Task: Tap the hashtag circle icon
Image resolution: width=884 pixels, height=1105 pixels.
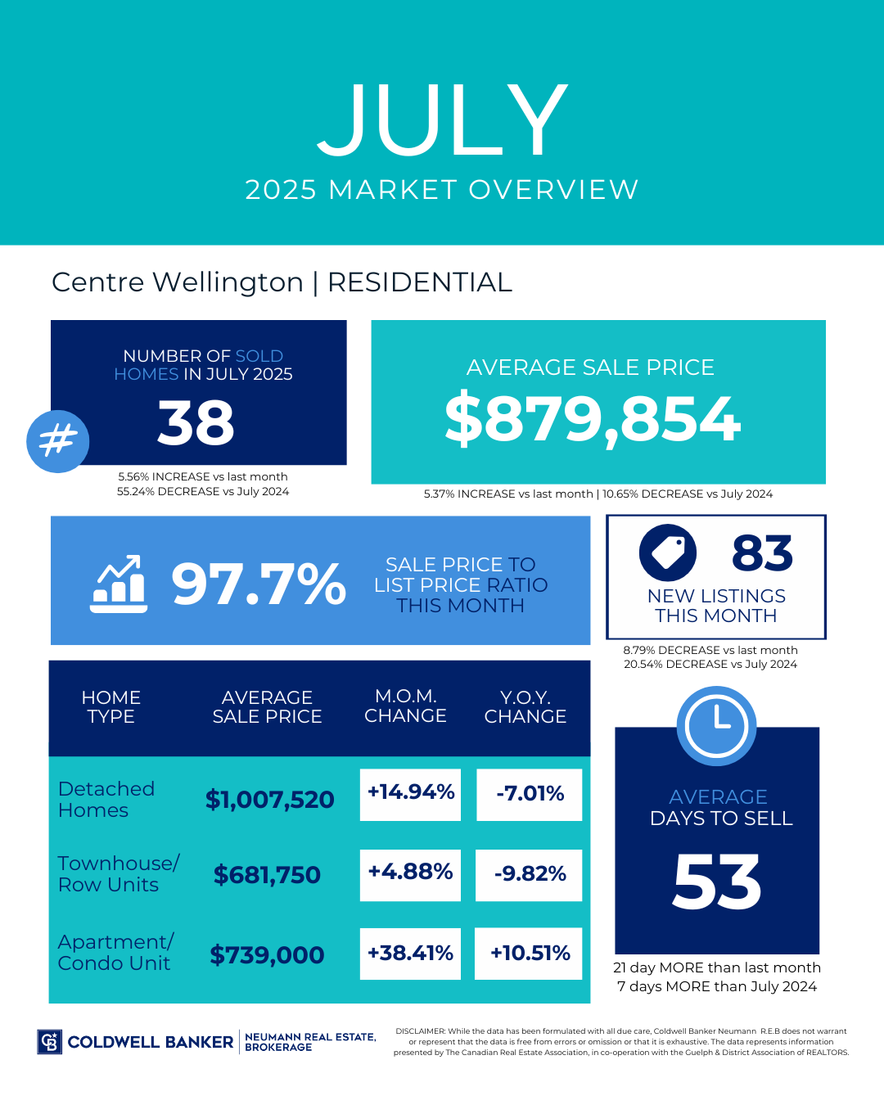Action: tap(58, 441)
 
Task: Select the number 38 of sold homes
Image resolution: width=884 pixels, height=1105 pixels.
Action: tap(196, 423)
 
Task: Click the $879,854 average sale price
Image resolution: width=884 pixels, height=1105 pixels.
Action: tap(593, 419)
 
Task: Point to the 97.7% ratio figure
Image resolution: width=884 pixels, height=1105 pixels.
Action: tap(259, 584)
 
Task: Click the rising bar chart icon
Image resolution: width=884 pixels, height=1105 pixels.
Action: tap(119, 584)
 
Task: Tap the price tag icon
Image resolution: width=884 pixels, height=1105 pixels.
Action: tap(668, 552)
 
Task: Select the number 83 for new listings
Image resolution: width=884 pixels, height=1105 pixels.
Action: tap(762, 553)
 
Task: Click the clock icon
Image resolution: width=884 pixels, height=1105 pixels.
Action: tap(717, 725)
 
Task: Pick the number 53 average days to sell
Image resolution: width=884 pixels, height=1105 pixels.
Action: tap(717, 883)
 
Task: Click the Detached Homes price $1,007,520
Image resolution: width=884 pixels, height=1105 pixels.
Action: tap(269, 800)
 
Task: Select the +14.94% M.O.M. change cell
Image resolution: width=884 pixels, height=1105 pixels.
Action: tap(411, 792)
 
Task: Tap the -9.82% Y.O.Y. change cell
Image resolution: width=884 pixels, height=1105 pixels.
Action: tap(530, 874)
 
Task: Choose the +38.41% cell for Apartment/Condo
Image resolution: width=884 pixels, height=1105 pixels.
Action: tap(410, 954)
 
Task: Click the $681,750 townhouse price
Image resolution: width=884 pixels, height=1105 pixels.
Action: tap(267, 875)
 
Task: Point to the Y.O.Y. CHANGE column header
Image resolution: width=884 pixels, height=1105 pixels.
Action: tap(525, 706)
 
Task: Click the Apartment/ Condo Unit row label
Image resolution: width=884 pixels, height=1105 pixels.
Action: tap(115, 953)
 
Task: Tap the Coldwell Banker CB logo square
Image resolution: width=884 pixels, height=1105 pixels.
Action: tap(50, 1042)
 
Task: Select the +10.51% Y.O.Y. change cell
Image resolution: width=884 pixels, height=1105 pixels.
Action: tap(530, 954)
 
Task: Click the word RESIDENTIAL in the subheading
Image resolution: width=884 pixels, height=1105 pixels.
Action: tap(420, 282)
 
